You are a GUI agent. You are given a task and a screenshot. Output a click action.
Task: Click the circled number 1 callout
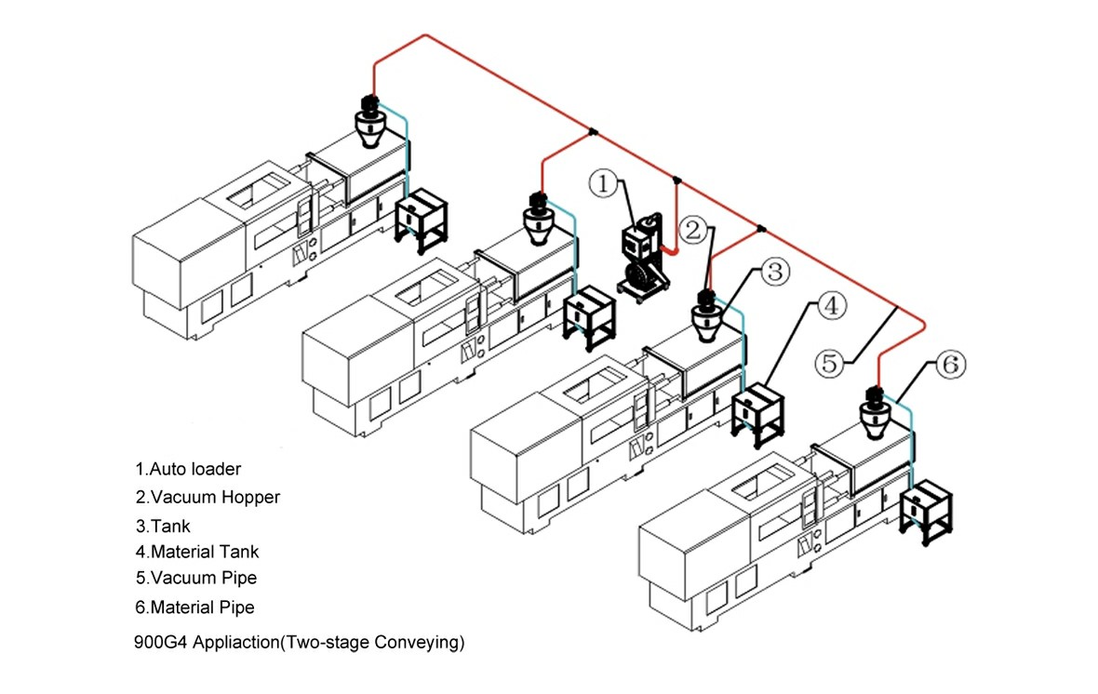[x=603, y=185]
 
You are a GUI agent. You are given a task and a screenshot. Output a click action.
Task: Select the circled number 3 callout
[x=774, y=273]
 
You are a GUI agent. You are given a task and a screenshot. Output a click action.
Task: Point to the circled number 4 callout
[x=831, y=304]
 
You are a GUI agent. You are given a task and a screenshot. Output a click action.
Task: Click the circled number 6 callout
[x=946, y=365]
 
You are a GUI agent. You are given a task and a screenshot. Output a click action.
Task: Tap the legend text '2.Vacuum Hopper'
[x=208, y=497]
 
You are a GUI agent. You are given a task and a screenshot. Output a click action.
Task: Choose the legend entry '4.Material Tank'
[x=197, y=552]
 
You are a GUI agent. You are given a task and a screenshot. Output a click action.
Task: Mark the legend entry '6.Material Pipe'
[x=194, y=607]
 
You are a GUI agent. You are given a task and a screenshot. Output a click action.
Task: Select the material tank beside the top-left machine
[x=422, y=218]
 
